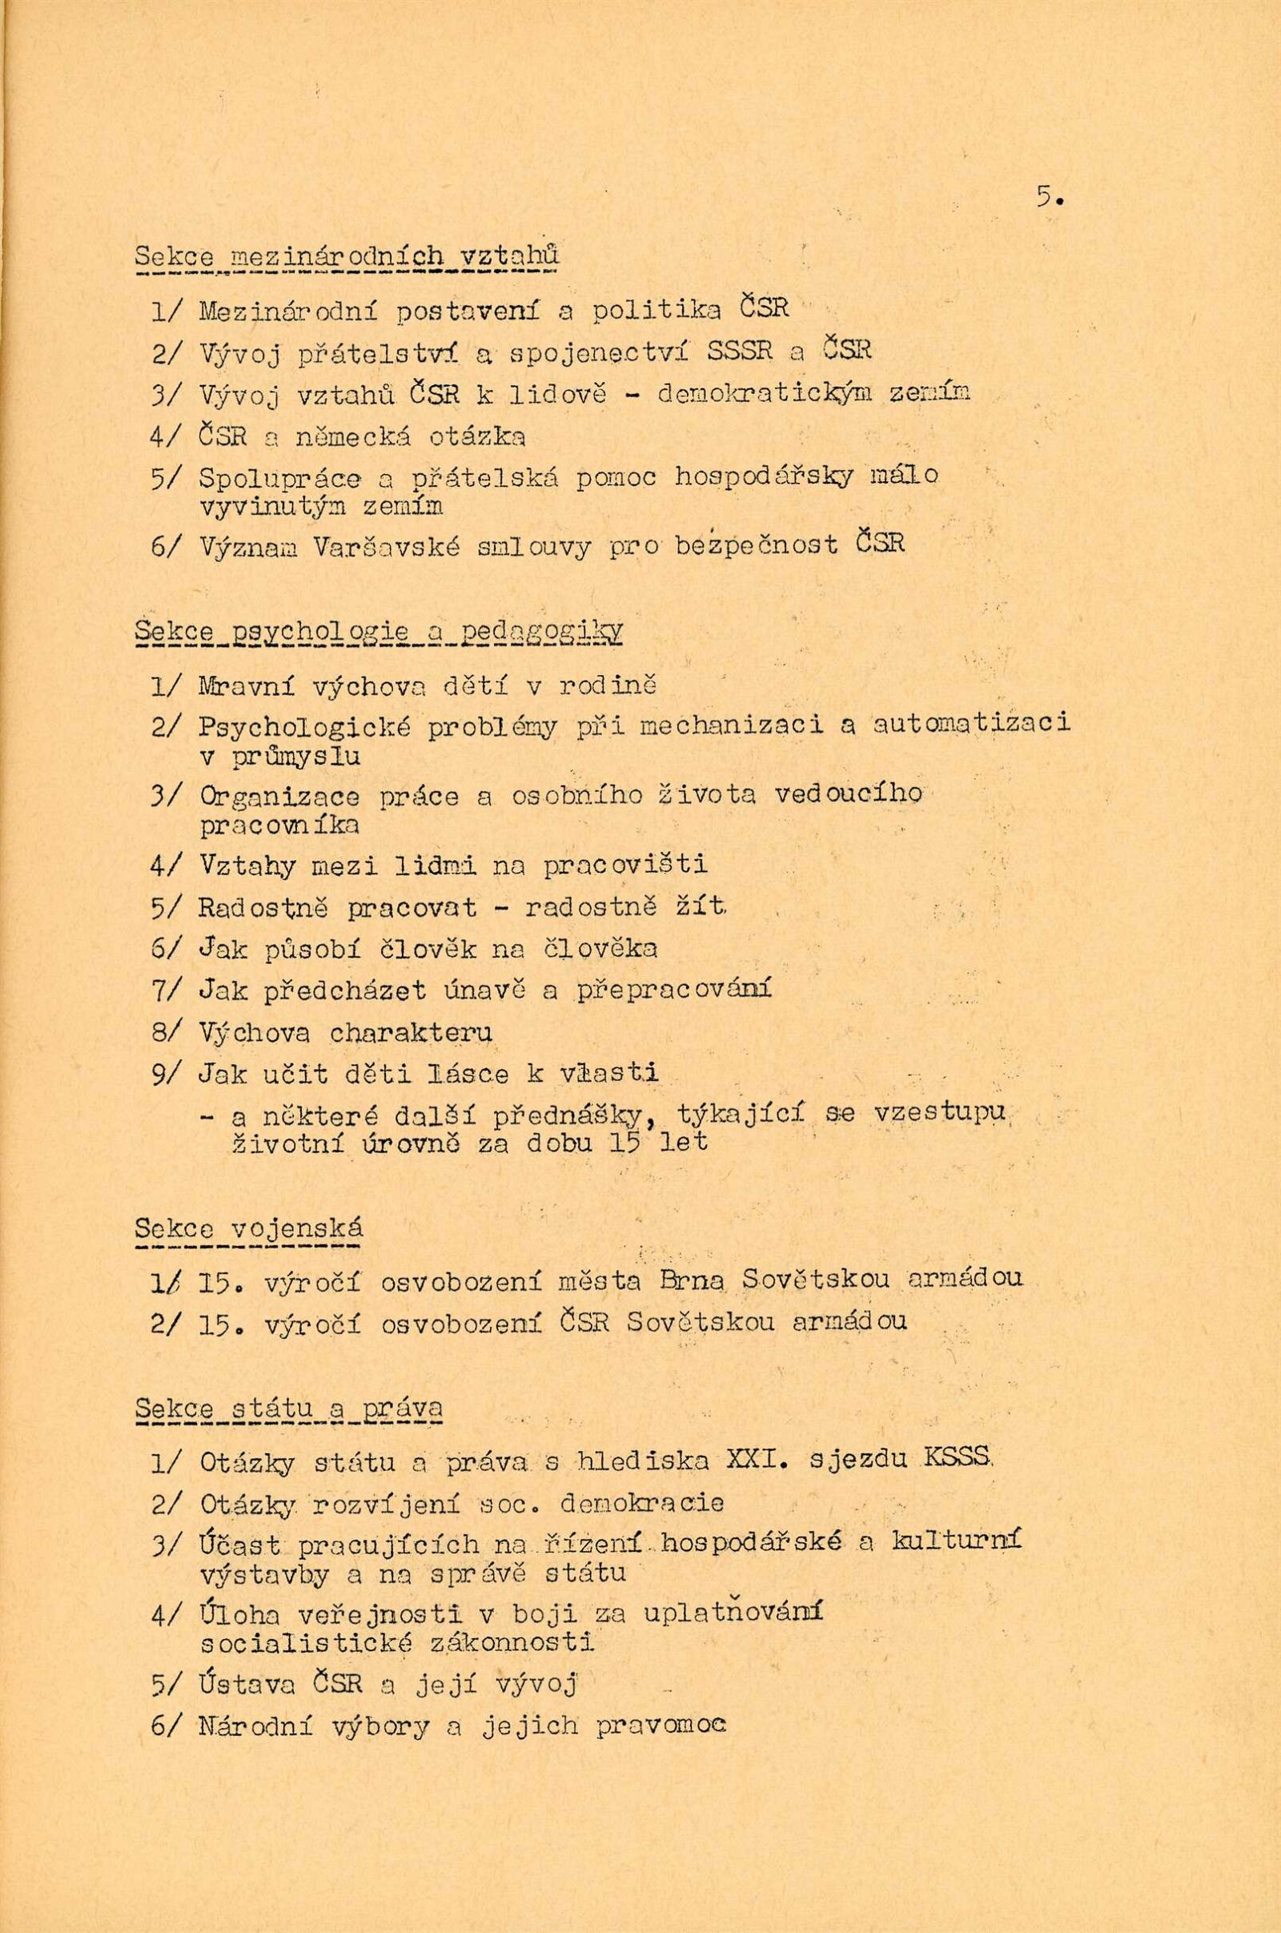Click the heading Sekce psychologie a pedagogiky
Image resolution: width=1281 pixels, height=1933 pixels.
378,632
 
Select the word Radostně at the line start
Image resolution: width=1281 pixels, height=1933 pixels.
264,909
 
